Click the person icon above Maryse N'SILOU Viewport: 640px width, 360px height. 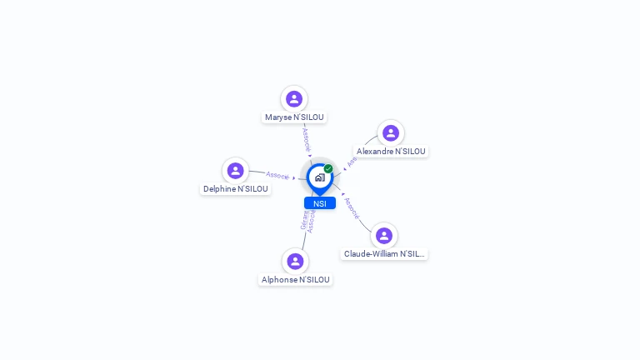(294, 99)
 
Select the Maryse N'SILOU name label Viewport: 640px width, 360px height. (294, 117)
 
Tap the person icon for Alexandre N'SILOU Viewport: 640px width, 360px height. (391, 133)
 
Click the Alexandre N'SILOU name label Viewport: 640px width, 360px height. (391, 152)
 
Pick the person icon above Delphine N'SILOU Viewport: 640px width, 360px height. (236, 171)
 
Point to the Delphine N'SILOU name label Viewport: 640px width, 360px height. (236, 189)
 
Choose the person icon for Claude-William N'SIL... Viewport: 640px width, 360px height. (383, 236)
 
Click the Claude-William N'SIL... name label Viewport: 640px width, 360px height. (384, 254)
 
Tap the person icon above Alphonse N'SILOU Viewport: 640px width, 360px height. (295, 262)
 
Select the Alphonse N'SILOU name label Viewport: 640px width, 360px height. (296, 280)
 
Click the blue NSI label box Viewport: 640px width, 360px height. (320, 203)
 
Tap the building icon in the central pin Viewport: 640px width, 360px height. (319, 177)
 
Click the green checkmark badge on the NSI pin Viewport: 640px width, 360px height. (328, 168)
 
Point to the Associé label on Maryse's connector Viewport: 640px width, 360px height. (306, 139)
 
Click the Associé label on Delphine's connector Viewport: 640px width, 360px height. (277, 176)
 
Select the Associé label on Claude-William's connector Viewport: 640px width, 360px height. (352, 208)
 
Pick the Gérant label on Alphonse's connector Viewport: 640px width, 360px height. (304, 220)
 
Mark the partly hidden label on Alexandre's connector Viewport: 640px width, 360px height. (352, 161)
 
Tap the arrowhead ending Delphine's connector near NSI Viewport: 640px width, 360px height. (294, 178)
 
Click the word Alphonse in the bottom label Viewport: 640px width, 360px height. (278, 280)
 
